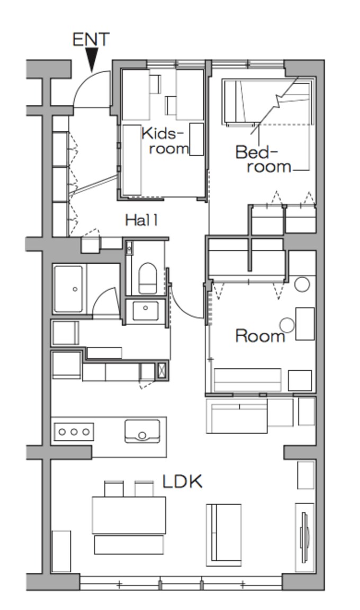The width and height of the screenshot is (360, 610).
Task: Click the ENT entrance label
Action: point(91,39)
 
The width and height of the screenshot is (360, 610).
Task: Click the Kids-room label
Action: point(165,141)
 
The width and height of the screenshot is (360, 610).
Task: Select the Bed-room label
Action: point(263,159)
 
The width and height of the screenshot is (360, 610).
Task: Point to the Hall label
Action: point(141,221)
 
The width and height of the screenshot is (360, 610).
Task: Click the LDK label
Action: point(182,482)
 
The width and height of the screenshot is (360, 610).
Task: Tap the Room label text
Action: point(260,336)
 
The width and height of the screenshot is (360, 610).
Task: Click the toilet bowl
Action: point(147,278)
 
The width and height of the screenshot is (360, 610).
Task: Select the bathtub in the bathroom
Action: point(68,289)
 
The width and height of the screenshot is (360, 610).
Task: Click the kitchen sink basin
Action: point(142,431)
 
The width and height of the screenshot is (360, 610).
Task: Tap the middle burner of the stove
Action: point(74,432)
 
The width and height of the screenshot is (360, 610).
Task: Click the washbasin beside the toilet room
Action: point(146,310)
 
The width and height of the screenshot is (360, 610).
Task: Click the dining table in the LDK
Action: point(129,515)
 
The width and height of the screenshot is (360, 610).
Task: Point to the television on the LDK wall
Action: point(304,537)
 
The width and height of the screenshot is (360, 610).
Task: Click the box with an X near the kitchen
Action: point(161,370)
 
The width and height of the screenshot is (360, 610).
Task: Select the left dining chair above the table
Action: point(114,489)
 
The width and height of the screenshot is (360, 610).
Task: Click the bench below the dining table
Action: point(129,545)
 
